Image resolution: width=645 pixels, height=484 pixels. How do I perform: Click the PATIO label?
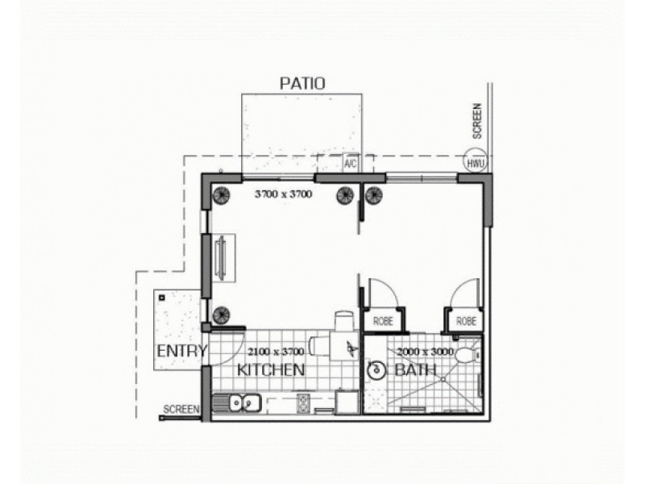(302, 82)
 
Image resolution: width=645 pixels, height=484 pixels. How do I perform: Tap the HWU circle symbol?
(476, 162)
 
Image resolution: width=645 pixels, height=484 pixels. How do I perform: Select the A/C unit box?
(351, 163)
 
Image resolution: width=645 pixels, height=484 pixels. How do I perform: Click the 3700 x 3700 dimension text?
(283, 194)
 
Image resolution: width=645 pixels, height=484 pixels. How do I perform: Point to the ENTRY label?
(181, 351)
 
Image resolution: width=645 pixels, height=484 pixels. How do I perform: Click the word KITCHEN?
(270, 370)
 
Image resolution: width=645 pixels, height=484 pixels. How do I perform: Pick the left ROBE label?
(383, 321)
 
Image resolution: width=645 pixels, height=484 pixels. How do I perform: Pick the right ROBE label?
(466, 321)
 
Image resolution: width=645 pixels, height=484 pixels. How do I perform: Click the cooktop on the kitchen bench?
(304, 401)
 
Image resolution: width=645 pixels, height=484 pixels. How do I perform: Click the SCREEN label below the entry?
(181, 410)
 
